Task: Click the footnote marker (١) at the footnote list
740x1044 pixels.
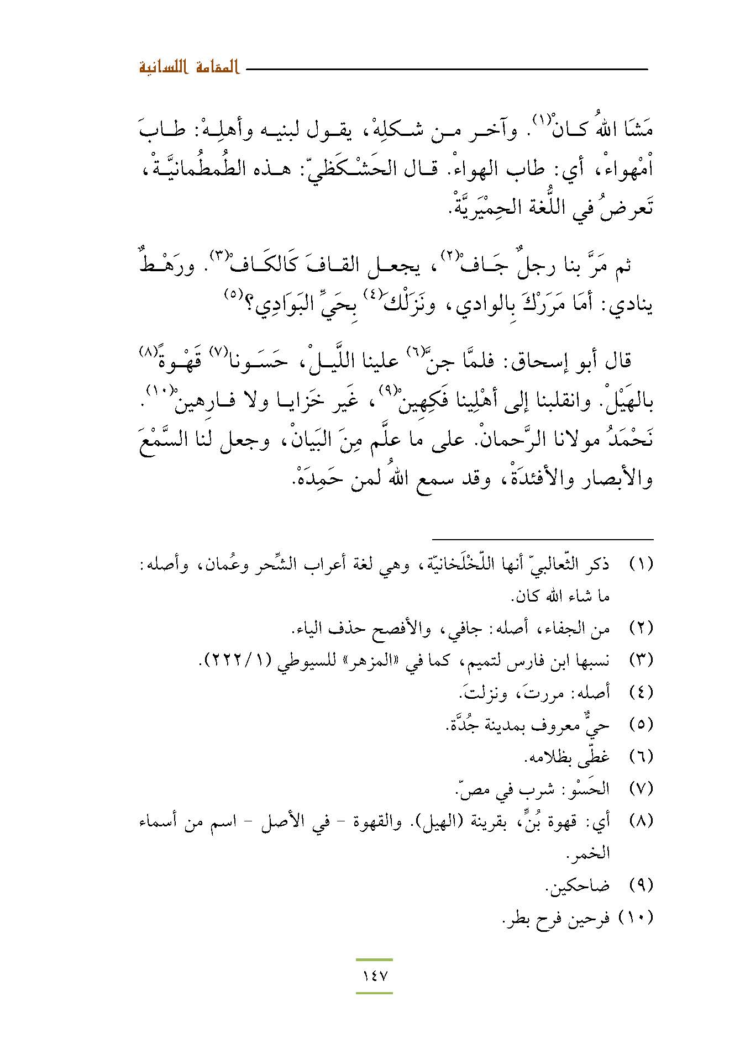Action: point(642,565)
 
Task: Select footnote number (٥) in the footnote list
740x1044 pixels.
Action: point(642,724)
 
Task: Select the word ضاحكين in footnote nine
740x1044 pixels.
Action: point(578,885)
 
